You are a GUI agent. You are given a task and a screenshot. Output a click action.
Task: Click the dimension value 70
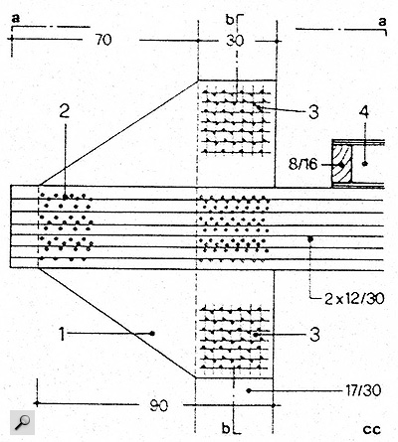tap(103, 40)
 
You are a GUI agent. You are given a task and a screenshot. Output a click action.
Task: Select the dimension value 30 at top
tap(235, 41)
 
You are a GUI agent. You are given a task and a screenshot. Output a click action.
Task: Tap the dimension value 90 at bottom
tap(158, 405)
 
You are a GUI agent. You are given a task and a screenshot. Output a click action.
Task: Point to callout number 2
tap(65, 112)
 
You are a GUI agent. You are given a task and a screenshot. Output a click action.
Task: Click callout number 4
tap(364, 112)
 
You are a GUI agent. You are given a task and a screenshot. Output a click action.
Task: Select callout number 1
tap(62, 334)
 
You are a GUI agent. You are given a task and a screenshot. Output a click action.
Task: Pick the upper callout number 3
tap(313, 112)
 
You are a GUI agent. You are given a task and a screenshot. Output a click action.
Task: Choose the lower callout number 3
tap(314, 335)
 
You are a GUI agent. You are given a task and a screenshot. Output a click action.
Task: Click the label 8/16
tap(302, 164)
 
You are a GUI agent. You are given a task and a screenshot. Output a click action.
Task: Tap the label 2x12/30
tap(354, 299)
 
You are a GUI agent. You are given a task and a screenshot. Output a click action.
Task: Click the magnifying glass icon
tap(22, 422)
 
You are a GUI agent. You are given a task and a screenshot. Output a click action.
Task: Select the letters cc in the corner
tap(372, 430)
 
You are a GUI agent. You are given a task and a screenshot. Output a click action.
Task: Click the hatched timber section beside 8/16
tap(342, 164)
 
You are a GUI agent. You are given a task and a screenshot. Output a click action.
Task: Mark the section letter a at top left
tap(16, 19)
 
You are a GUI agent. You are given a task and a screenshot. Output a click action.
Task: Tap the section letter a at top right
tap(382, 22)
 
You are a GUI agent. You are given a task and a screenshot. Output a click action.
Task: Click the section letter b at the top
tap(230, 20)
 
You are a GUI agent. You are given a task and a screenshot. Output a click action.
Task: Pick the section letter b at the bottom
tap(226, 429)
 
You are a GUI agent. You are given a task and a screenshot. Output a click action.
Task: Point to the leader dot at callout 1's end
tap(152, 334)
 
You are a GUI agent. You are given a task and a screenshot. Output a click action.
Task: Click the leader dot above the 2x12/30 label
tap(310, 239)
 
